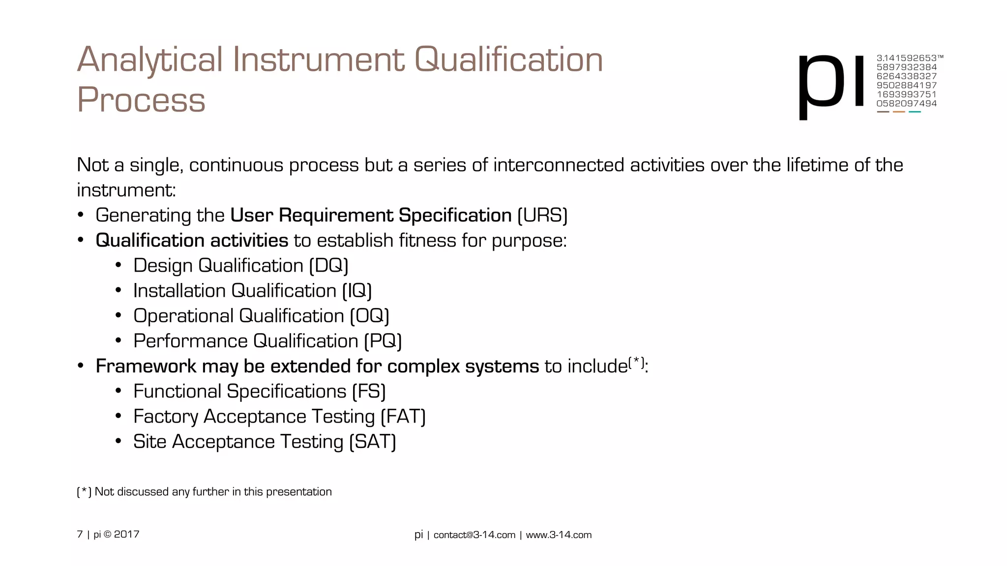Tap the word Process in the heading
click(141, 100)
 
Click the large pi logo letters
click(831, 84)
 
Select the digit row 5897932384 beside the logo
click(906, 67)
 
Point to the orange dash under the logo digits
click(899, 112)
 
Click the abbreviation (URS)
click(542, 216)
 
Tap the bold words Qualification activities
click(192, 241)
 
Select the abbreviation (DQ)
click(328, 266)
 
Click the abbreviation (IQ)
click(357, 291)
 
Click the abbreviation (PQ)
click(383, 341)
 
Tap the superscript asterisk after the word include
click(636, 362)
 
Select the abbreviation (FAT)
click(403, 417)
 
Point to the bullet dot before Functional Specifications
click(118, 391)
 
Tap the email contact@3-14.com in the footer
click(474, 535)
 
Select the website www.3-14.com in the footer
click(559, 535)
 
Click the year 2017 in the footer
click(127, 535)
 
